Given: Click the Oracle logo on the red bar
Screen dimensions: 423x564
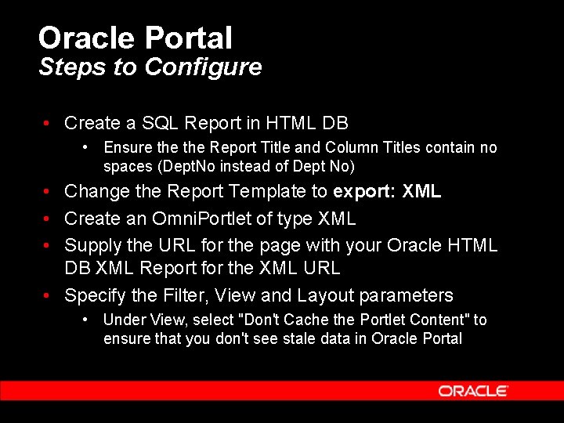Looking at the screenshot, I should click(x=473, y=390).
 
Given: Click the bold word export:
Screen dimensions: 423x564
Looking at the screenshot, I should click(x=364, y=192).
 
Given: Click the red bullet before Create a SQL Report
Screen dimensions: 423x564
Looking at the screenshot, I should click(x=48, y=124).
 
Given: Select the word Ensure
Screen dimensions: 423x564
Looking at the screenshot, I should click(x=126, y=147).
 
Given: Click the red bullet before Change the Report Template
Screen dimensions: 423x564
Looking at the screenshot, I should click(x=48, y=192).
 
